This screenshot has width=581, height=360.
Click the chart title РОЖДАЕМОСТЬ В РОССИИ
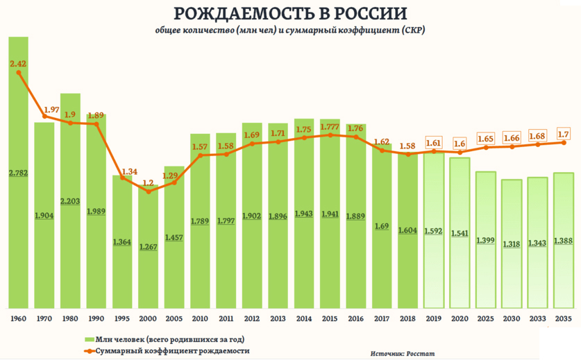pos(290,14)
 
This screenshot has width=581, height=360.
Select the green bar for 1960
pos(18,208)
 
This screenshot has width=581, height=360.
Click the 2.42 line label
pos(17,63)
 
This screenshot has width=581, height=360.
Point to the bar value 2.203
pos(70,200)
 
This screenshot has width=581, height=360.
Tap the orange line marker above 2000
pos(148,191)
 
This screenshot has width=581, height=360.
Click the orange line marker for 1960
pos(18,73)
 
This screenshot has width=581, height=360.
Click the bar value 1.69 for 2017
pos(382,226)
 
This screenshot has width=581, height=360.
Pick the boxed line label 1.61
pos(433,142)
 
